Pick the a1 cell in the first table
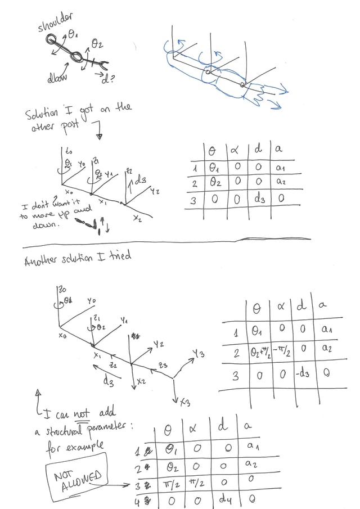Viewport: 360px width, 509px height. (x=281, y=168)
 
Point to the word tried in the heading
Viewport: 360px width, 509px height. (x=120, y=256)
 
